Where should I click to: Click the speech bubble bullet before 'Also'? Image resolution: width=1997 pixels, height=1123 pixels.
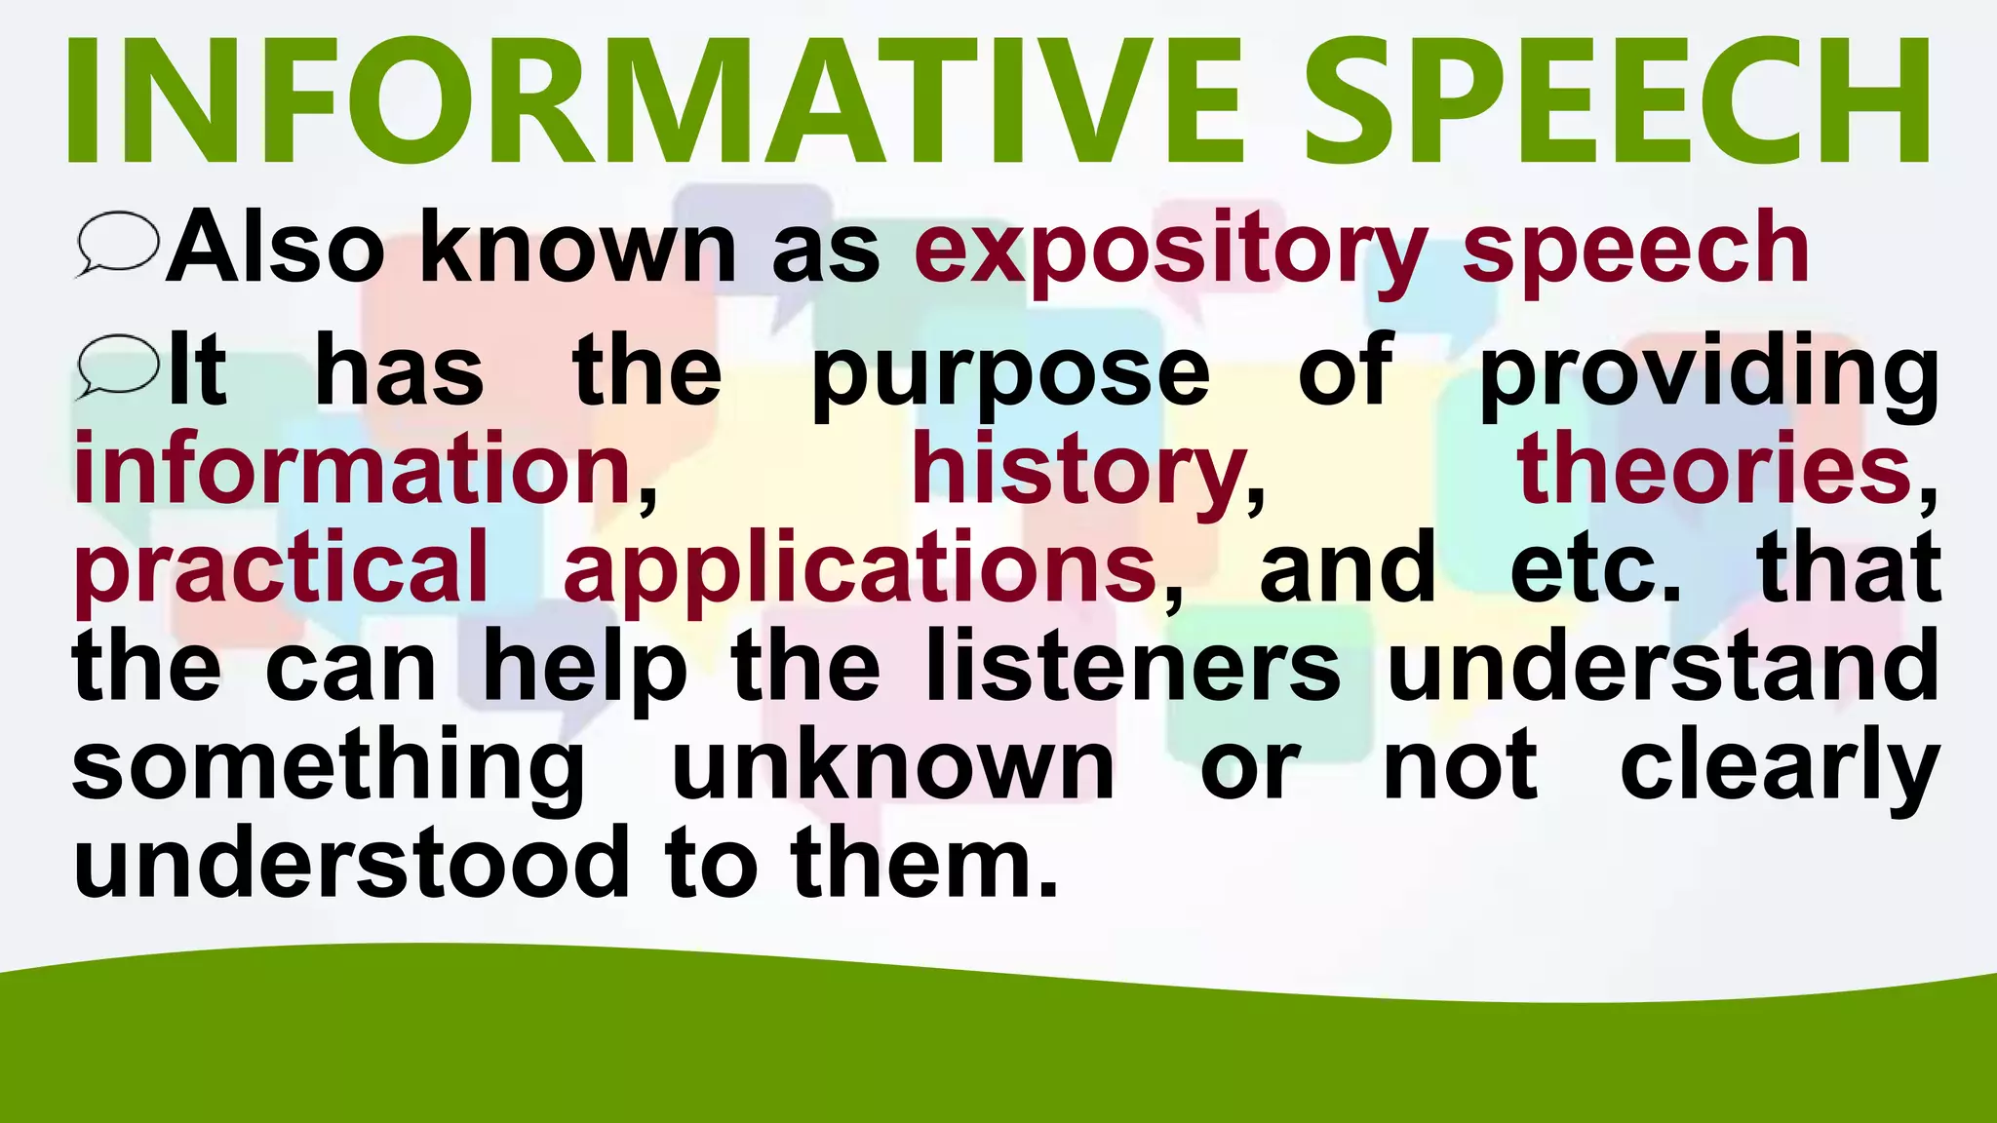(x=118, y=244)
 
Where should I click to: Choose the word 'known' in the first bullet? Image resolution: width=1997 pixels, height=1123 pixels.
(x=577, y=249)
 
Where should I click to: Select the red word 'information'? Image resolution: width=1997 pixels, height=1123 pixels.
(x=354, y=470)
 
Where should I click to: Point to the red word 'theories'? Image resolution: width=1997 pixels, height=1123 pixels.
(x=1713, y=470)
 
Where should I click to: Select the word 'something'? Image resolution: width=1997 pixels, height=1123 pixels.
(x=329, y=768)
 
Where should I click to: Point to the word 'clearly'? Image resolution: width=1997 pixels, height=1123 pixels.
(x=1780, y=768)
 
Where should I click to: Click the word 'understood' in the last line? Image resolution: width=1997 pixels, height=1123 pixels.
(x=352, y=864)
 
